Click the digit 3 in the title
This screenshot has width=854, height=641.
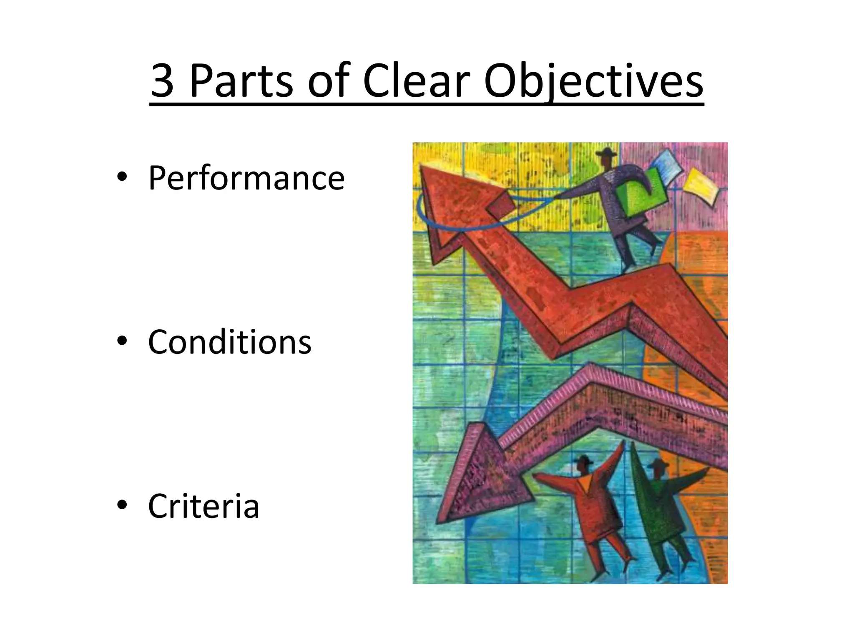click(x=162, y=81)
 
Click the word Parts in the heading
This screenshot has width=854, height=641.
click(x=241, y=81)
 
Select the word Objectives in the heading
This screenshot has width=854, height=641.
click(x=593, y=81)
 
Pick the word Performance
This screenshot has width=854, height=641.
click(x=246, y=179)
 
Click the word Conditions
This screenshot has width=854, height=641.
click(x=229, y=342)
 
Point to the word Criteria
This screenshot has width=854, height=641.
click(x=203, y=506)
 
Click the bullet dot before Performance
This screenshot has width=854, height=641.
click(x=122, y=177)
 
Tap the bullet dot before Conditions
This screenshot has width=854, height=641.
click(x=122, y=341)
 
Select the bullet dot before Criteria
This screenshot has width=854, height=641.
click(x=122, y=505)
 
